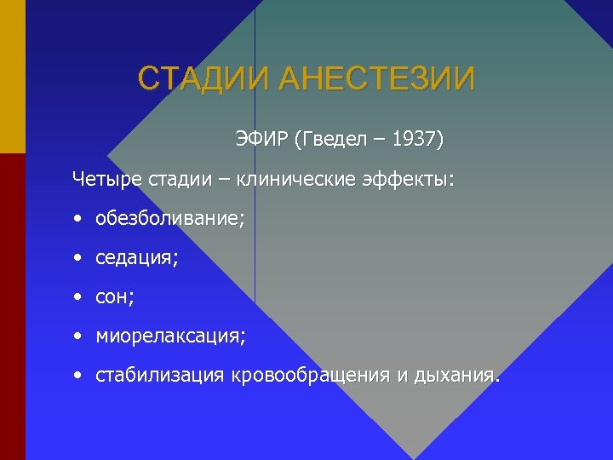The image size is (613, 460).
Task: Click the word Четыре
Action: click(x=107, y=180)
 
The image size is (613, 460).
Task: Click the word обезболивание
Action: click(x=170, y=219)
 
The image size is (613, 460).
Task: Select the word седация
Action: click(x=137, y=258)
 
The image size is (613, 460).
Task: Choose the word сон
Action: click(x=115, y=297)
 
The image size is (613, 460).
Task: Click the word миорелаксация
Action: click(x=170, y=336)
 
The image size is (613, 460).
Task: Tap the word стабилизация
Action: click(x=160, y=376)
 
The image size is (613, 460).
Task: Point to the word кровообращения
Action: click(x=308, y=376)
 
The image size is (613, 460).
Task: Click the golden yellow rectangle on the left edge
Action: click(x=13, y=77)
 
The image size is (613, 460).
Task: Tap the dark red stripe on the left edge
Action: click(x=13, y=307)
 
